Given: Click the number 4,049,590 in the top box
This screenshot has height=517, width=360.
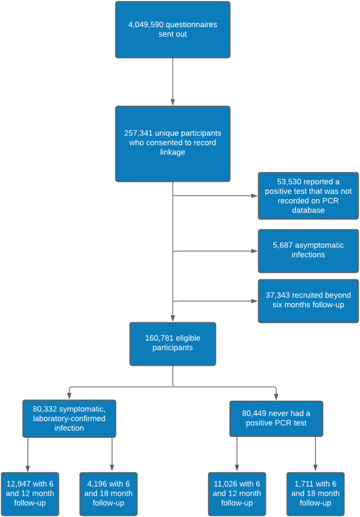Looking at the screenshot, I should click(x=144, y=25).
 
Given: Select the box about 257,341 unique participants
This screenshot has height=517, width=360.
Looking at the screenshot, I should click(x=172, y=144).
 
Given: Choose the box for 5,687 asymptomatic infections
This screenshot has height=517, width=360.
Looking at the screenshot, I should click(x=308, y=250).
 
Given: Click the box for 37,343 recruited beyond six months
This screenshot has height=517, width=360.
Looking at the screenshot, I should click(x=308, y=300).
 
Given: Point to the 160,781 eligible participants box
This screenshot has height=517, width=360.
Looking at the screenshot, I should click(x=172, y=343).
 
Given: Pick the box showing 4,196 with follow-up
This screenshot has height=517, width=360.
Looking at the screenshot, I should click(x=108, y=493).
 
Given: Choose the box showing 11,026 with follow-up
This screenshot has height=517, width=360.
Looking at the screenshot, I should click(x=236, y=493).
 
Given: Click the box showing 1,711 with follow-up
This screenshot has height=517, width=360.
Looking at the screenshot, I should click(x=315, y=493).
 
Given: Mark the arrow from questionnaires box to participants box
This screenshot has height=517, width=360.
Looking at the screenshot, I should click(x=172, y=82).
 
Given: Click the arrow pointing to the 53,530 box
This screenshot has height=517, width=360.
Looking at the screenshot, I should click(x=215, y=196).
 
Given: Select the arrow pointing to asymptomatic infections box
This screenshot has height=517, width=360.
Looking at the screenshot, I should click(x=215, y=251).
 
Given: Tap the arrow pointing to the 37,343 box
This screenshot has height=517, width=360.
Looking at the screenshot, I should click(x=215, y=301).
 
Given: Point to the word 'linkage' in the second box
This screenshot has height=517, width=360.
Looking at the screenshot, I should click(x=172, y=153).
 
